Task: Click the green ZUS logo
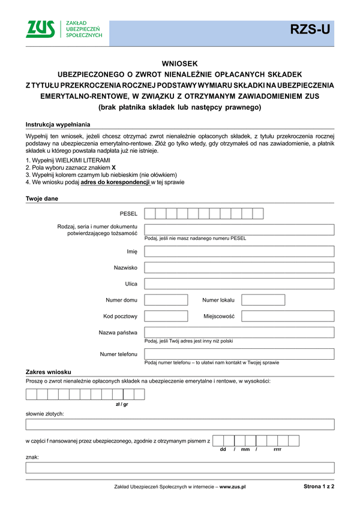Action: point(40,29)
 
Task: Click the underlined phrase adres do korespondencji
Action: point(115,182)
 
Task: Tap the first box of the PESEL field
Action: point(150,213)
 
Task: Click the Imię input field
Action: point(239,251)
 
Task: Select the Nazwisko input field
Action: point(239,267)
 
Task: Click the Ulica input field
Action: point(239,284)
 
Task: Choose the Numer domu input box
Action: point(166,300)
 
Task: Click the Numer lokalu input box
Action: point(263,300)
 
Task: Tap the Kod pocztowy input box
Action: point(166,316)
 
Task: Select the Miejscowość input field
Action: point(287,316)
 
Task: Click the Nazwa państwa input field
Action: point(239,332)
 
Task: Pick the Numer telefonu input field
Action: point(239,354)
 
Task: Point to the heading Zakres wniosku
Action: point(49,372)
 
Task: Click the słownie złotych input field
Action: point(179,424)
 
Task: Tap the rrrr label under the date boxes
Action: point(277,450)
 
